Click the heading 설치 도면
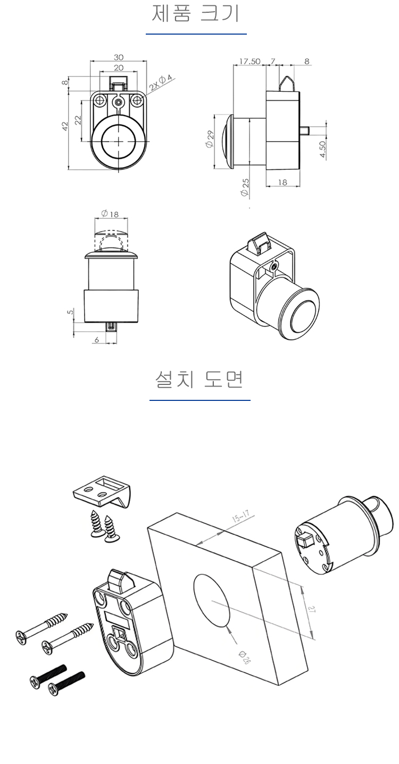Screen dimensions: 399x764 coord(199,380)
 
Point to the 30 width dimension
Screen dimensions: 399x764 coord(119,57)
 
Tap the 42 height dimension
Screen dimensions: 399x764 coord(65,126)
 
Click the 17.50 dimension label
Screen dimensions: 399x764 coord(250,61)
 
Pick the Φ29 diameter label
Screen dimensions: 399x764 coord(209,139)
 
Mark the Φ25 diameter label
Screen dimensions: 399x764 coord(245,187)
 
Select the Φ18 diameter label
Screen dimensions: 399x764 coord(110,214)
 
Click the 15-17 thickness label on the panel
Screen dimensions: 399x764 coord(241,517)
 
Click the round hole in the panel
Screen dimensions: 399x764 coord(212,601)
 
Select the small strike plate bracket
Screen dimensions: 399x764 coord(102,491)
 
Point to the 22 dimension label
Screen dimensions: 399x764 coord(78,120)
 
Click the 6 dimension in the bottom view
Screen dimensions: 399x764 coord(97,340)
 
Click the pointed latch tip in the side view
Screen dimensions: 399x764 coord(287,83)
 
